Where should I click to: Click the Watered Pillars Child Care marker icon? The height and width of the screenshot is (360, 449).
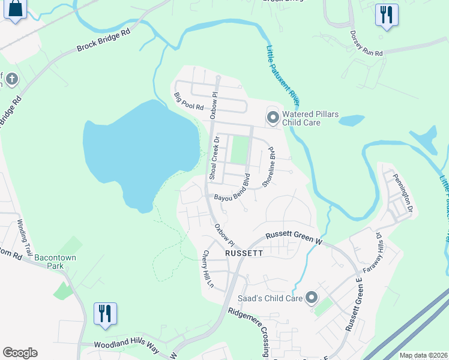click(273, 117)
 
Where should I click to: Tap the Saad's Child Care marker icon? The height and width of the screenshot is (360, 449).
click(311, 297)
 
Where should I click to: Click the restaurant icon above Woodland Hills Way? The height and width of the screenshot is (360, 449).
click(105, 313)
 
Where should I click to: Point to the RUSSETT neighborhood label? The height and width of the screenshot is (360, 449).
click(244, 253)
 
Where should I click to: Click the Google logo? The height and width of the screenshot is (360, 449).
click(20, 353)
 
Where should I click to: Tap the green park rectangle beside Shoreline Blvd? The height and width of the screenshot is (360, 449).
click(240, 150)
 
